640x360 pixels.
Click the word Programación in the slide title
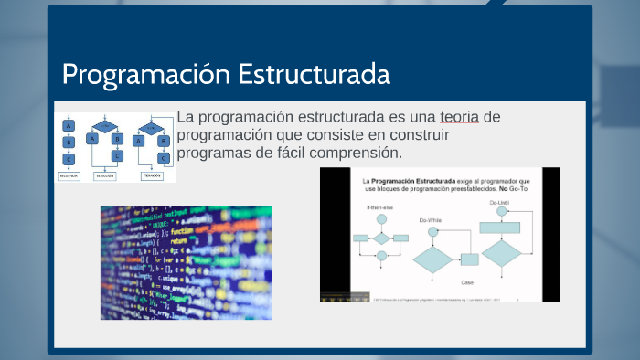coord(145,74)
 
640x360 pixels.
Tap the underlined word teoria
coord(458,117)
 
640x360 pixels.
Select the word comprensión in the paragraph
coord(349,151)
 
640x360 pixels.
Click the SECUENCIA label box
coord(69,175)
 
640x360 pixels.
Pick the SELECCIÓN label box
coord(105,175)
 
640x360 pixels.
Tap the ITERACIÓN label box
coord(151,175)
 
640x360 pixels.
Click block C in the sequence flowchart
coord(69,158)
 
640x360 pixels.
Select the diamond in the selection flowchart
coord(105,125)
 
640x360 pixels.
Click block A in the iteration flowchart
coord(139,141)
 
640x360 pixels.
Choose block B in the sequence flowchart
coord(69,142)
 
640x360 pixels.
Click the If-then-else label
coord(379,208)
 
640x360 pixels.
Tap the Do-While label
coord(432,220)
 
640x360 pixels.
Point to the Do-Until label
coord(500,202)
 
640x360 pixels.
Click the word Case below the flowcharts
coord(466,281)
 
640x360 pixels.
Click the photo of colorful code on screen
coord(186,262)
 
